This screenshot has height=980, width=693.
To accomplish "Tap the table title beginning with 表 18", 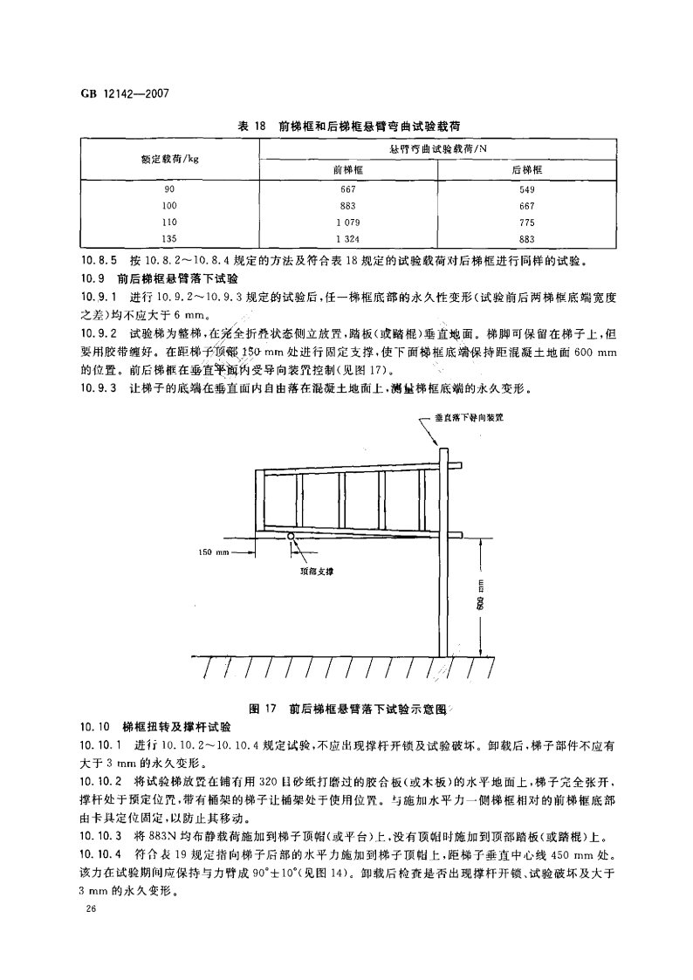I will (x=346, y=126).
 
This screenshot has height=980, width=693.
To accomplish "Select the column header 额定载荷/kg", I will (x=169, y=160).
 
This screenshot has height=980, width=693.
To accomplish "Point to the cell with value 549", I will (x=526, y=189).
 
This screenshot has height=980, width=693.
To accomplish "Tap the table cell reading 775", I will (x=526, y=222).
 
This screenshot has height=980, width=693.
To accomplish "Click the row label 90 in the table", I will (x=169, y=189).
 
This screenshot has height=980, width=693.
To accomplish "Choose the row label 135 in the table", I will (x=169, y=238).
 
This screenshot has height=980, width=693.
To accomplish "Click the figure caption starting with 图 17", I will (x=346, y=709).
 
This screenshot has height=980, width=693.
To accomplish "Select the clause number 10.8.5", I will (x=97, y=260).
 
